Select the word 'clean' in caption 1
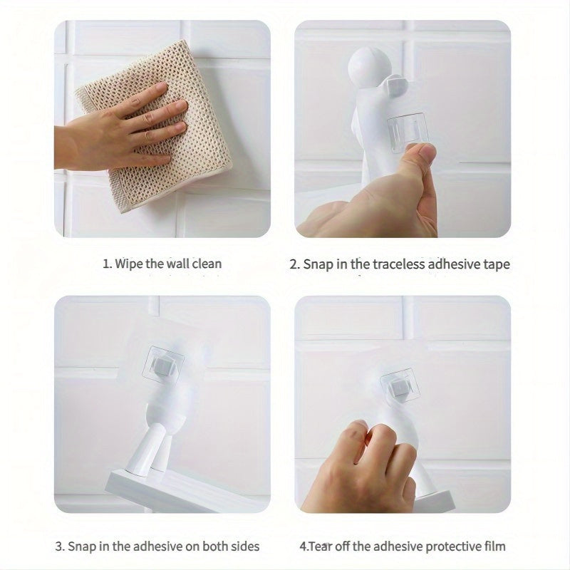pyautogui.click(x=205, y=264)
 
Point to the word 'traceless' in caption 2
pyautogui.click(x=390, y=264)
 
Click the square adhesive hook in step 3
pyautogui.click(x=165, y=366)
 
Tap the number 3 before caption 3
pyautogui.click(x=59, y=546)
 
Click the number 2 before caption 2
pyautogui.click(x=294, y=264)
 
